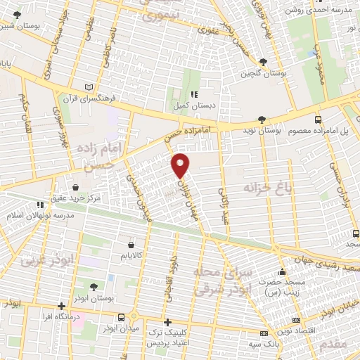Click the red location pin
click(x=181, y=165)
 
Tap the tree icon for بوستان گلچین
click(x=263, y=62)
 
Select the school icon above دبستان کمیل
click(x=195, y=94)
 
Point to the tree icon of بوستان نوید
click(x=262, y=120)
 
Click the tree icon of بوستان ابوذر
click(x=92, y=288)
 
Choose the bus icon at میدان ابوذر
click(x=122, y=317)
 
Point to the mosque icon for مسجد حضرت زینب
click(x=283, y=272)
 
